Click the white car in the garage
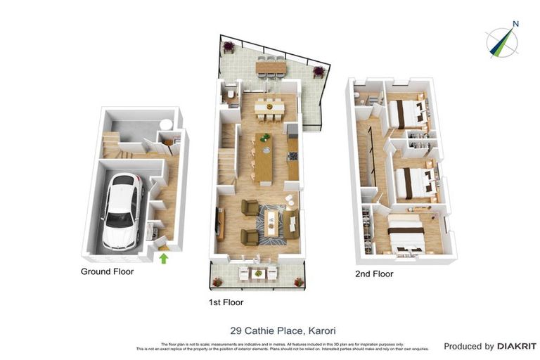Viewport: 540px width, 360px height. pos(120,210)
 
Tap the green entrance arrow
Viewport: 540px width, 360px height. pos(164,258)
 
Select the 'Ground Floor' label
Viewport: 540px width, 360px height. pos(107,271)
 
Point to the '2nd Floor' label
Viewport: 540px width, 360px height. pos(373,274)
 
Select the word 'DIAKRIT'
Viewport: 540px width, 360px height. pos(517,346)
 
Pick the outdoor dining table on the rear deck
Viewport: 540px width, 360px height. pos(271,67)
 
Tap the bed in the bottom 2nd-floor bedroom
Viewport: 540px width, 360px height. pos(406,234)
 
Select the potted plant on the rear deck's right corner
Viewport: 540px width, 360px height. pos(319,70)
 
